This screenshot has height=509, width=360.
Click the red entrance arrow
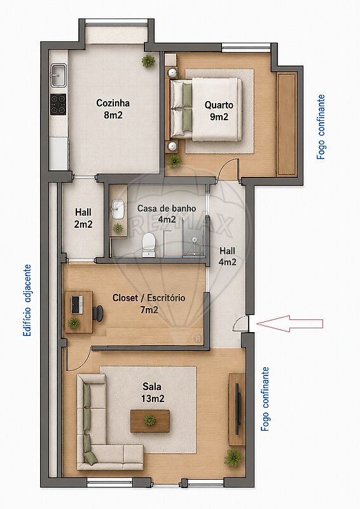tap(289, 323)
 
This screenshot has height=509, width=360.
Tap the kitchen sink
tap(59, 75)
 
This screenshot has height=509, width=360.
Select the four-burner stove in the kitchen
tap(58, 104)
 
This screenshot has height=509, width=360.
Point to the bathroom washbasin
tap(118, 209)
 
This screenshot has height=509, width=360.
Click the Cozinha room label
tap(113, 103)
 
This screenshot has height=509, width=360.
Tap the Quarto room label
tap(219, 105)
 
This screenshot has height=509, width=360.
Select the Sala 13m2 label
tap(153, 393)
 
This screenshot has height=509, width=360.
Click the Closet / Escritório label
tap(149, 298)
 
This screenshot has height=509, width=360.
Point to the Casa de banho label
tap(167, 208)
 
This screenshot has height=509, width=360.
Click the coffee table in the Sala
tap(150, 421)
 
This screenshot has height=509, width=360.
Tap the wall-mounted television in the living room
tap(238, 409)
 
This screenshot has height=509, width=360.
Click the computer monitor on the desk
tap(76, 305)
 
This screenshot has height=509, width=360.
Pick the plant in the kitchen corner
tap(148, 60)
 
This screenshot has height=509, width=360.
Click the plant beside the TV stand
tap(233, 457)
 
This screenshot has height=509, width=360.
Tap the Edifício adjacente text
tap(27, 300)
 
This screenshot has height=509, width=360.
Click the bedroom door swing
tap(228, 169)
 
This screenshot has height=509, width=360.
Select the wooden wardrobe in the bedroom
tap(287, 124)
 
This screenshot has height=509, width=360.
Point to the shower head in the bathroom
tap(194, 240)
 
